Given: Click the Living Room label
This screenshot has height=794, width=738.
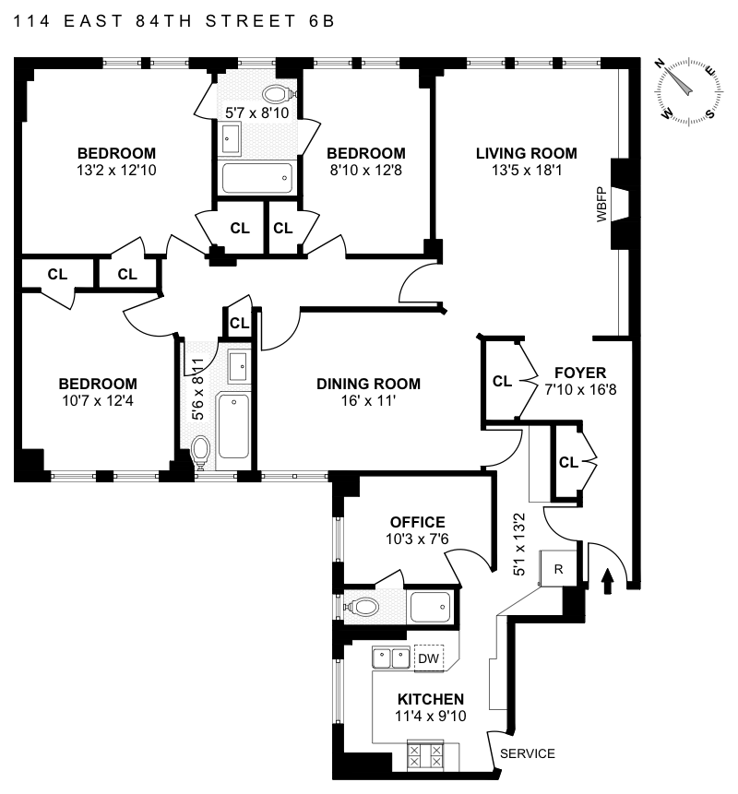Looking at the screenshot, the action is coord(526,153).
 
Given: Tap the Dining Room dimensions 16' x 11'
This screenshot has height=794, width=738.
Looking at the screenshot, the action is coord(368,400).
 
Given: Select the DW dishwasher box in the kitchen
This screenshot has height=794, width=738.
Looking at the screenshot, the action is coord(429,658).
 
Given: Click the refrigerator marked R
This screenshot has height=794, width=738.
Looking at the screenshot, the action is coord(558,569).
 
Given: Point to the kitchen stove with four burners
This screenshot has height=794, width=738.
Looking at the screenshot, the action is coord(425,756).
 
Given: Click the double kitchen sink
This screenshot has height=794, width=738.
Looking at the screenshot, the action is coord(391,658).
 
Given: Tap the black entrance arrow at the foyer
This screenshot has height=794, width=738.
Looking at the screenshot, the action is coord(608,581).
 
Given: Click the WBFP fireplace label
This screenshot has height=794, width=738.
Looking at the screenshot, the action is coord(601,205).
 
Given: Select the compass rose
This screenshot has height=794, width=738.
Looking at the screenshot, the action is coord(688,91).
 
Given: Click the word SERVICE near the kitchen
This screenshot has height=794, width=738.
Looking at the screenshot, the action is coord(528,753).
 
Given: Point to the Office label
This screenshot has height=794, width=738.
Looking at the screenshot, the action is coord(417,522).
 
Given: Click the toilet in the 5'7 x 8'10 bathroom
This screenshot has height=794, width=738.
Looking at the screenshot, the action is coord(276,94).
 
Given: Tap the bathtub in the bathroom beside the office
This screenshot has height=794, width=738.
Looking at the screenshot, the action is coord(430,607).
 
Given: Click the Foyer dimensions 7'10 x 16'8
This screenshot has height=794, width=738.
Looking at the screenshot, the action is coord(580,389).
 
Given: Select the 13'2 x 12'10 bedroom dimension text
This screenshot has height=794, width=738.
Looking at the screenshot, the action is coord(116,170).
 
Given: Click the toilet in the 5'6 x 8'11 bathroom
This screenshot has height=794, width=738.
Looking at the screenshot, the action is coord(200,451).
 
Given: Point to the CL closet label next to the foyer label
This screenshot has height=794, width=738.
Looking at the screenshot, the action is coord(502,381).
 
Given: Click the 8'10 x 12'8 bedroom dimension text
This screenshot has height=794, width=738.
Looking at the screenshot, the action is coord(365,170).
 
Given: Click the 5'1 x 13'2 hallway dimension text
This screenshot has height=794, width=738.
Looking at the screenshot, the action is coord(519,544).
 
